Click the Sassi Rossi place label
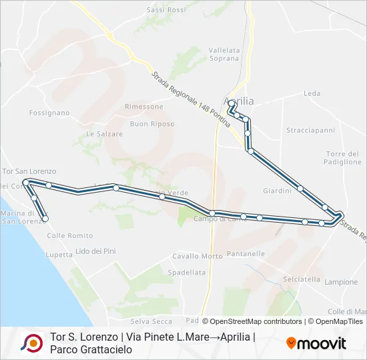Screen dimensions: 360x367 166,10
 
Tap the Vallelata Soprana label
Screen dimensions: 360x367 224,54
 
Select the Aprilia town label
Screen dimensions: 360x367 241,101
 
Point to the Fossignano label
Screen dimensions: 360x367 49,113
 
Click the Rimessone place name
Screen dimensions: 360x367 143,107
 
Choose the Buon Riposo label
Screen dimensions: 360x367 152,124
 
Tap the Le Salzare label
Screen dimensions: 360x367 105,134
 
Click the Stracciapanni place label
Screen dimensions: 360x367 310,130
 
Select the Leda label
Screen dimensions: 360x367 312,93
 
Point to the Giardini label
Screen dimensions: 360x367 277,191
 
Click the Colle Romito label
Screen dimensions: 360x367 71,236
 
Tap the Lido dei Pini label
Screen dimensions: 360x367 96,251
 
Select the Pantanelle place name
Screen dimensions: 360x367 246,254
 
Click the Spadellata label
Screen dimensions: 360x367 187,272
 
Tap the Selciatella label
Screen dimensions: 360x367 302,279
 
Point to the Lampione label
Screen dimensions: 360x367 341,282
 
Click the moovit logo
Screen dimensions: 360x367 316,343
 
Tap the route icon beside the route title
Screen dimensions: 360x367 31,343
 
